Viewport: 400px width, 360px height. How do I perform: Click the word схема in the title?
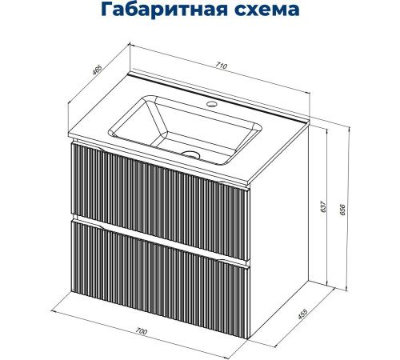(x=266, y=11)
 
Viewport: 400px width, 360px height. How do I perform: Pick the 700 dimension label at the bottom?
(x=142, y=330)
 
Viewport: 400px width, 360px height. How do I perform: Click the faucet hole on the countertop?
(x=214, y=104)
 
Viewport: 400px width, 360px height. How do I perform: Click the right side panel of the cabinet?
(x=280, y=216)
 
